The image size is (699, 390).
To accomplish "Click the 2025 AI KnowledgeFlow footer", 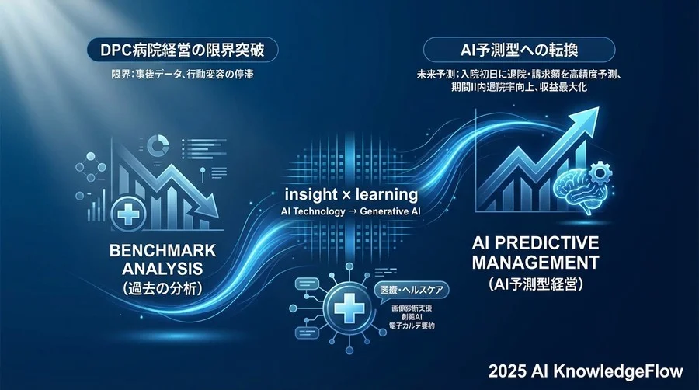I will (x=597, y=368).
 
